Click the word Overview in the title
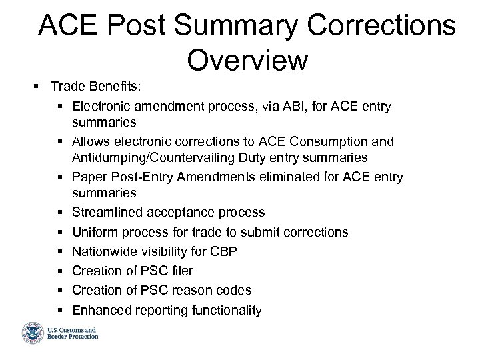(247, 60)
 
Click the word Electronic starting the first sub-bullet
(101, 106)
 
